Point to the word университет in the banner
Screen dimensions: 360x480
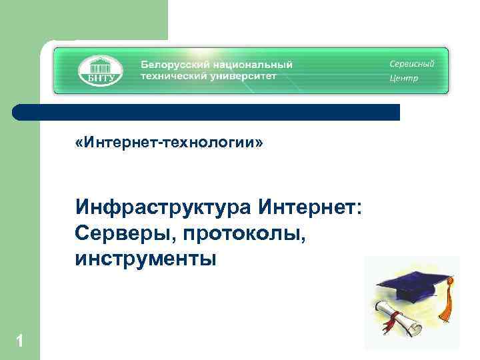coord(243,76)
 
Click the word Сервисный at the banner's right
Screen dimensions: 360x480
coord(412,64)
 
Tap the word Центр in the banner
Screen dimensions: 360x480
coord(404,79)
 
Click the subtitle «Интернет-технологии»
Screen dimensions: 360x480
coord(170,143)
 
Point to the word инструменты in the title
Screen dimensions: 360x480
coord(146,258)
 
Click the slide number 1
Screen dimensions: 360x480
coord(19,342)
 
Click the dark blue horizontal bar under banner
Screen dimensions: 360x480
coord(207,112)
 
